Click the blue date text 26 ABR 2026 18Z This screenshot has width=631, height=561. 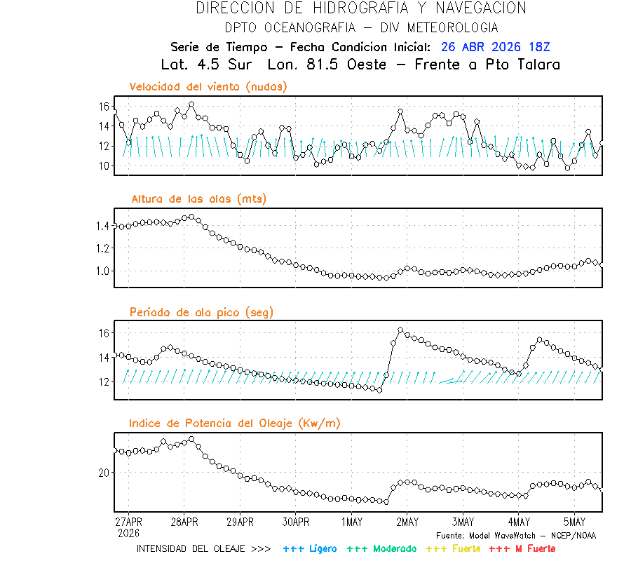[496, 47]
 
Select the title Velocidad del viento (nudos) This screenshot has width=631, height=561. [208, 86]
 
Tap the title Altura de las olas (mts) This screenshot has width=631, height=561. [199, 199]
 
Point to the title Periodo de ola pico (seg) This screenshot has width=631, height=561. [202, 312]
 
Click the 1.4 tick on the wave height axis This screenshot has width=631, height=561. [102, 226]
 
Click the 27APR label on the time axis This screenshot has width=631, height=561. [128, 522]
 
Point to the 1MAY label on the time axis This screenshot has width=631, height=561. [351, 522]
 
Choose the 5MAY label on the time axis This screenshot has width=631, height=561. [574, 522]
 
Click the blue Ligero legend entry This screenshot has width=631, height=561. [311, 548]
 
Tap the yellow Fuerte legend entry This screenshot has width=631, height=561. [454, 548]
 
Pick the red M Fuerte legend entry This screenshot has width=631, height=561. [522, 548]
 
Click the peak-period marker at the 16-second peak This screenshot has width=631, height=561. [400, 330]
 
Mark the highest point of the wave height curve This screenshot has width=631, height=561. [191, 217]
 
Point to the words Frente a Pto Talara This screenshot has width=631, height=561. [494, 65]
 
